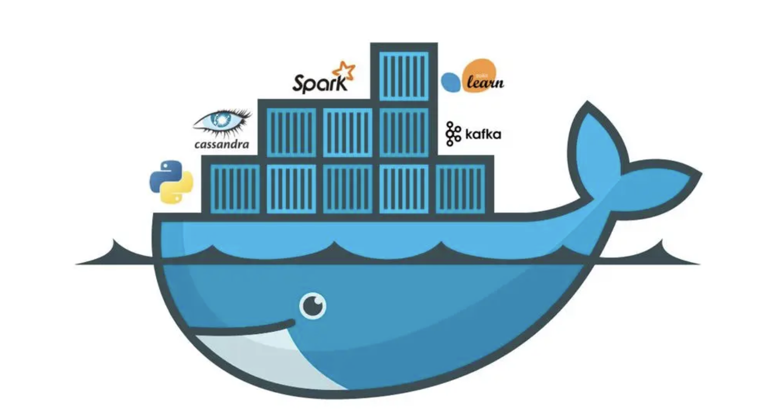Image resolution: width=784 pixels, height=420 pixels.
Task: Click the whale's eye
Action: (x=312, y=306)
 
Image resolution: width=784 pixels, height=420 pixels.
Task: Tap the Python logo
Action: (x=171, y=182)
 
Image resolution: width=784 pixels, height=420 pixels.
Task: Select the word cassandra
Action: (x=221, y=144)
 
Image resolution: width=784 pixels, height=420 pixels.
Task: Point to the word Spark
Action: (x=319, y=83)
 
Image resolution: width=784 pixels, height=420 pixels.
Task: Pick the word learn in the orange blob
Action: (x=485, y=83)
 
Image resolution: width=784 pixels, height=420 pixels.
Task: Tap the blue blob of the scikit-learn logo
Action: (x=451, y=82)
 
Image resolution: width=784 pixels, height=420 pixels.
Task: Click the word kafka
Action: (x=483, y=135)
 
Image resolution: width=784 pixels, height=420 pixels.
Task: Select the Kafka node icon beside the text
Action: (x=452, y=134)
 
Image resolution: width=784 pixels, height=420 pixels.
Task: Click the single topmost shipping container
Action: (x=404, y=75)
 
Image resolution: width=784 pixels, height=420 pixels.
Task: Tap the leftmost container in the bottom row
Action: (x=235, y=188)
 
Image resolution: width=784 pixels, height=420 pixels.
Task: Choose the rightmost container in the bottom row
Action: (x=461, y=188)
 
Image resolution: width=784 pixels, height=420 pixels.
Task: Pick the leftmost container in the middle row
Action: (x=291, y=132)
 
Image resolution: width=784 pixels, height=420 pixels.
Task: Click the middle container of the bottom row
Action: (x=348, y=188)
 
